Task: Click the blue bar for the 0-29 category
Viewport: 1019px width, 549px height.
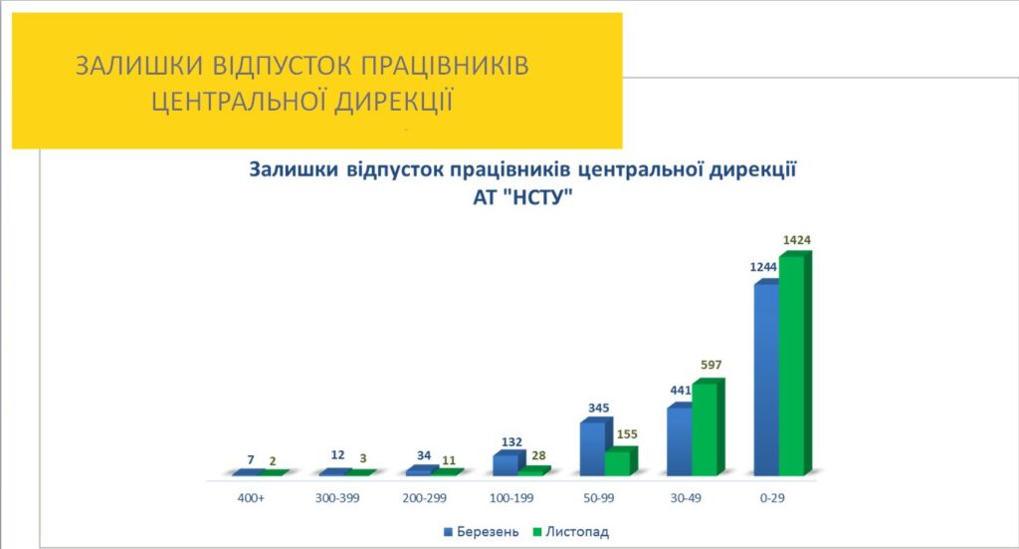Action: click(x=766, y=379)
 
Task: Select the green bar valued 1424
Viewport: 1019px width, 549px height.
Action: click(x=791, y=365)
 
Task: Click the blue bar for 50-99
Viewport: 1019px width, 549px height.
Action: click(x=592, y=448)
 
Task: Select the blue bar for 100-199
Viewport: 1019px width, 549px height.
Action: click(x=505, y=463)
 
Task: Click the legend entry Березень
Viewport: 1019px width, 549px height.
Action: click(x=488, y=532)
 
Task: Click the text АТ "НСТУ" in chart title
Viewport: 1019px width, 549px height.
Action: click(x=524, y=198)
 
